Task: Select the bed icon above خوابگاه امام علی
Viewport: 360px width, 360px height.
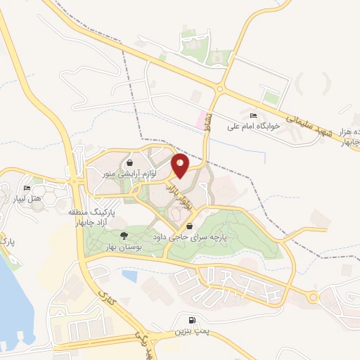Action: click(x=253, y=115)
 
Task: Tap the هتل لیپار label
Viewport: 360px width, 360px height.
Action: click(x=28, y=199)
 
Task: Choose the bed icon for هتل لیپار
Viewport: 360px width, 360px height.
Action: click(x=27, y=188)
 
